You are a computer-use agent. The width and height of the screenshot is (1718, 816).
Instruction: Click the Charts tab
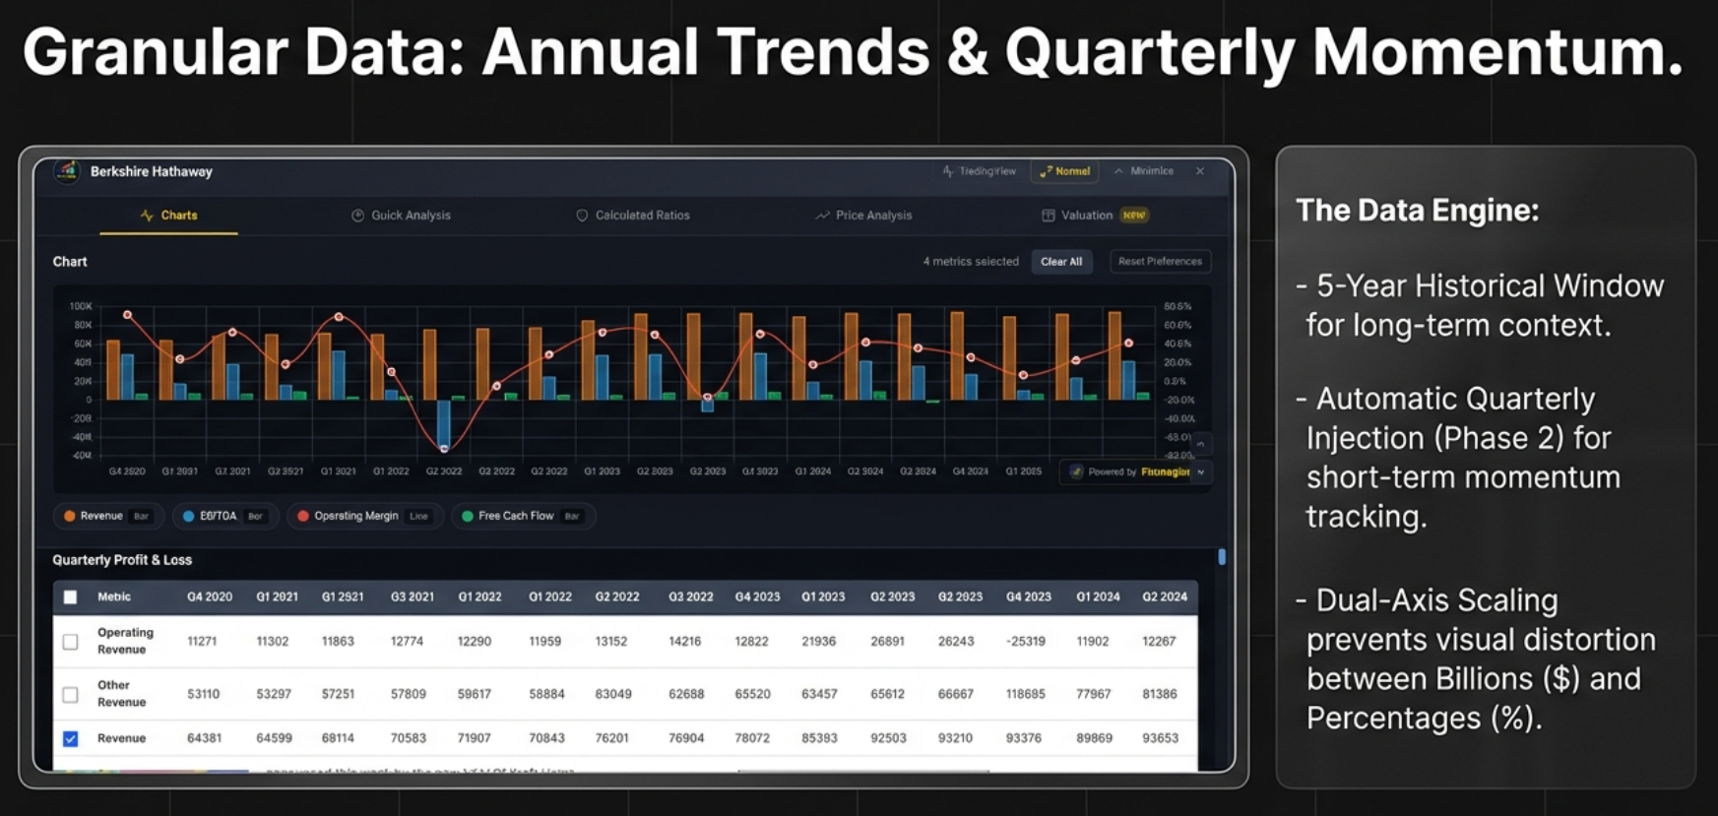(x=169, y=216)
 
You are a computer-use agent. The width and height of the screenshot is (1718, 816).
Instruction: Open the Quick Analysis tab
(x=402, y=216)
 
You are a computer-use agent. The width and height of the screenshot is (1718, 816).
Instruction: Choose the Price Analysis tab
(x=864, y=216)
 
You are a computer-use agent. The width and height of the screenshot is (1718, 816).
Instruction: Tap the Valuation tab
(x=1087, y=216)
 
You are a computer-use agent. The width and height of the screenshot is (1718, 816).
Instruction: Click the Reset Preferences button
(x=1160, y=262)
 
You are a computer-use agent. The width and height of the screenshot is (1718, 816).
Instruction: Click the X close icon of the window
(x=1200, y=171)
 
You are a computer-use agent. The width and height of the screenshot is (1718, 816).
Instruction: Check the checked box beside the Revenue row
(x=71, y=738)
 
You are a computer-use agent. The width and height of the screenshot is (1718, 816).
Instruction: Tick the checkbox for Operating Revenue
(x=71, y=642)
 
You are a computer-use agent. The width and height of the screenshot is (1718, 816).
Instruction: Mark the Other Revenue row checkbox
(x=71, y=694)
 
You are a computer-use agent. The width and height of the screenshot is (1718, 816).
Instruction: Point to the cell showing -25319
(x=1025, y=642)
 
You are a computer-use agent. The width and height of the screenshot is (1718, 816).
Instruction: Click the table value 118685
(x=1025, y=694)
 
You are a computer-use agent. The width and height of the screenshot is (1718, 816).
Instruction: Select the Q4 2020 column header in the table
(x=210, y=596)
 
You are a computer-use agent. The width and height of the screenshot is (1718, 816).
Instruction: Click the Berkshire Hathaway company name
(x=152, y=171)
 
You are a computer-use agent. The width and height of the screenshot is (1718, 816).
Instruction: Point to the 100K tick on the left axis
(x=81, y=306)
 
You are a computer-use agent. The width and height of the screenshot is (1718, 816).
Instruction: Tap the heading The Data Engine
(x=1417, y=211)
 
